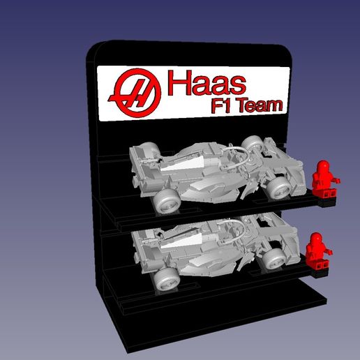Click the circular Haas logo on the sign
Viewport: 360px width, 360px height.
tap(136, 93)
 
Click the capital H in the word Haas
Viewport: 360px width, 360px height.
tap(177, 84)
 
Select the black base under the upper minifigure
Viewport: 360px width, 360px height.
tap(325, 200)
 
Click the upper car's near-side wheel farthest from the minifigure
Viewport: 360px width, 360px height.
tap(167, 202)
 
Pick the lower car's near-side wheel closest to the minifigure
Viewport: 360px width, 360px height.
tap(273, 258)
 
